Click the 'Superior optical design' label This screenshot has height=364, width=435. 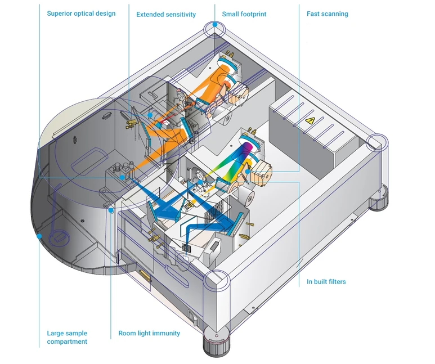coord(81,13)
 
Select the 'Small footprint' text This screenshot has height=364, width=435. coord(244,14)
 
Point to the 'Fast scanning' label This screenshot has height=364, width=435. coord(327,14)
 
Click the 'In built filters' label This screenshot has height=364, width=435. coord(326,282)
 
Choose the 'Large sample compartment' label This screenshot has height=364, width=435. coord(67,338)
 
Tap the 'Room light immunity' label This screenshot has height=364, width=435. coord(149,334)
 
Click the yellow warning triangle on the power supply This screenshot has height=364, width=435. coord(308,121)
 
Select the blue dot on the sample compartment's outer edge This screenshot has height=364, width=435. coord(39,236)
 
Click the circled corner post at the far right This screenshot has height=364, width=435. coord(375,142)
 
